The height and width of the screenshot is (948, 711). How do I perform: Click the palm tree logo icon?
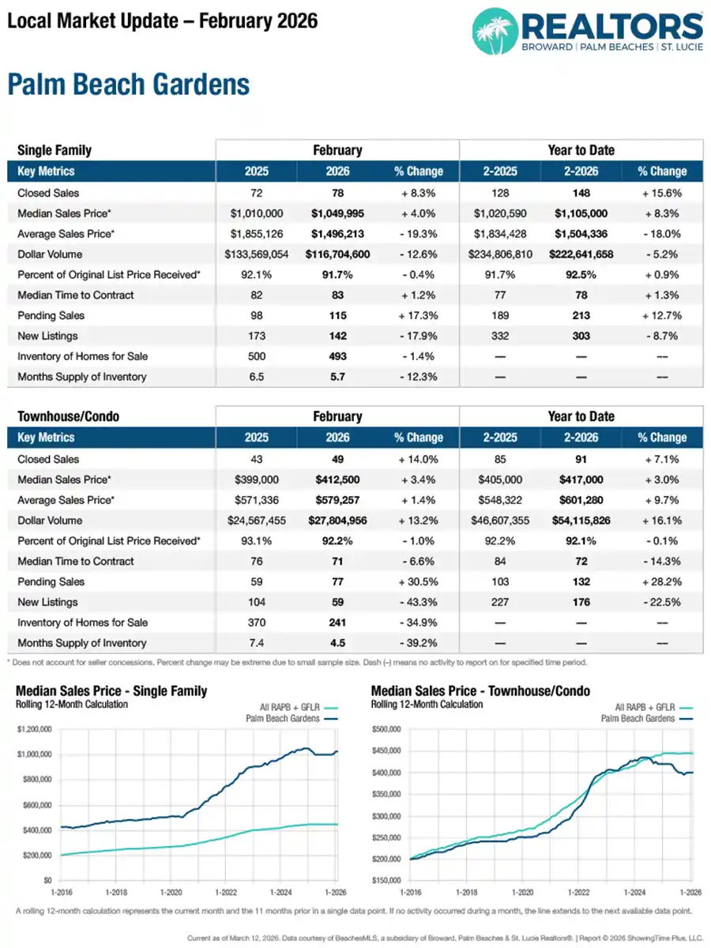(495, 32)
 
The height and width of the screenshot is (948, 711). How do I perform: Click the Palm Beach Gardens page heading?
(129, 85)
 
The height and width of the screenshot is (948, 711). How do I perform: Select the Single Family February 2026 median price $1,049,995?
(337, 213)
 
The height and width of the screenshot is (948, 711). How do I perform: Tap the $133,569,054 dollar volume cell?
(257, 254)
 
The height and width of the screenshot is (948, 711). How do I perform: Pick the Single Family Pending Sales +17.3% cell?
(418, 315)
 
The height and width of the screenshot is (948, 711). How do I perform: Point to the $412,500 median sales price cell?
(337, 480)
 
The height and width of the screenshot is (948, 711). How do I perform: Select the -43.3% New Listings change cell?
(418, 602)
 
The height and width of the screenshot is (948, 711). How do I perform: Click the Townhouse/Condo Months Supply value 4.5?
(337, 643)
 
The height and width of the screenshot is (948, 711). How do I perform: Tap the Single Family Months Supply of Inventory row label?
(81, 377)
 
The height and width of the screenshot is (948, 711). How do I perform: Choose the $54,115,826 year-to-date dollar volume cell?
(581, 521)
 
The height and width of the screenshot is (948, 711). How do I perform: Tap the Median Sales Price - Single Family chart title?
(111, 691)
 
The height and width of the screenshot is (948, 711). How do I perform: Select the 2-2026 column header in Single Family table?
(581, 171)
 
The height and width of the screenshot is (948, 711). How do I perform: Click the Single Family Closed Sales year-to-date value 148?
(581, 193)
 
